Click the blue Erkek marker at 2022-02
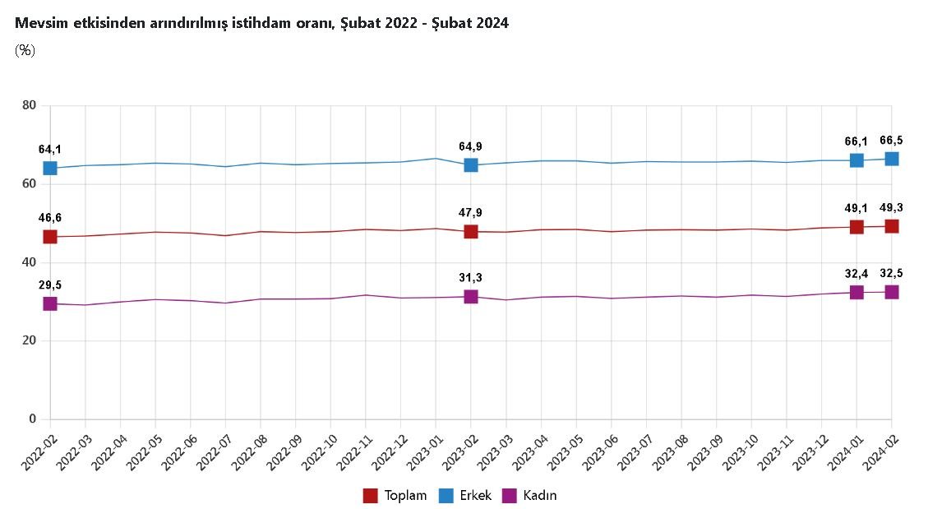50,168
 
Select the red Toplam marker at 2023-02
471,232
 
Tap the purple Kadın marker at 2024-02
891,292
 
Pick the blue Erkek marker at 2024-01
856,160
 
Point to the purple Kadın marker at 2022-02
50,303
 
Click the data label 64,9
471,146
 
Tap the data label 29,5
50,285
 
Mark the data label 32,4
856,273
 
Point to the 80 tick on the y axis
30,105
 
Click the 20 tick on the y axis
30,340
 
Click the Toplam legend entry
396,496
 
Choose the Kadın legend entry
529,496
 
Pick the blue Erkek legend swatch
445,496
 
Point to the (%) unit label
25,50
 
